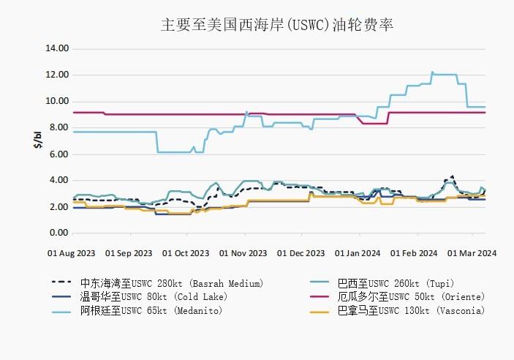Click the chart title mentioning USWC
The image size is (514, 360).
277,25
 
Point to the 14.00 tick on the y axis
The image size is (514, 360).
57,48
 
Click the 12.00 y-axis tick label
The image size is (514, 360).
57,75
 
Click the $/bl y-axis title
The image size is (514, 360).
37,140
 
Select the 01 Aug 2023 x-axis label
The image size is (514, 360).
71,253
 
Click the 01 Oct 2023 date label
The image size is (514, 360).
186,253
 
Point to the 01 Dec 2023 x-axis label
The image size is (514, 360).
301,253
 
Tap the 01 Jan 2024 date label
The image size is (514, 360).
358,253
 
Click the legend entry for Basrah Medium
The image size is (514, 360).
171,282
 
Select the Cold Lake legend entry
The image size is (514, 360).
154,296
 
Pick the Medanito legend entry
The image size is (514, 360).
151,310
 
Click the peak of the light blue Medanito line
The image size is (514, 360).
432,72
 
